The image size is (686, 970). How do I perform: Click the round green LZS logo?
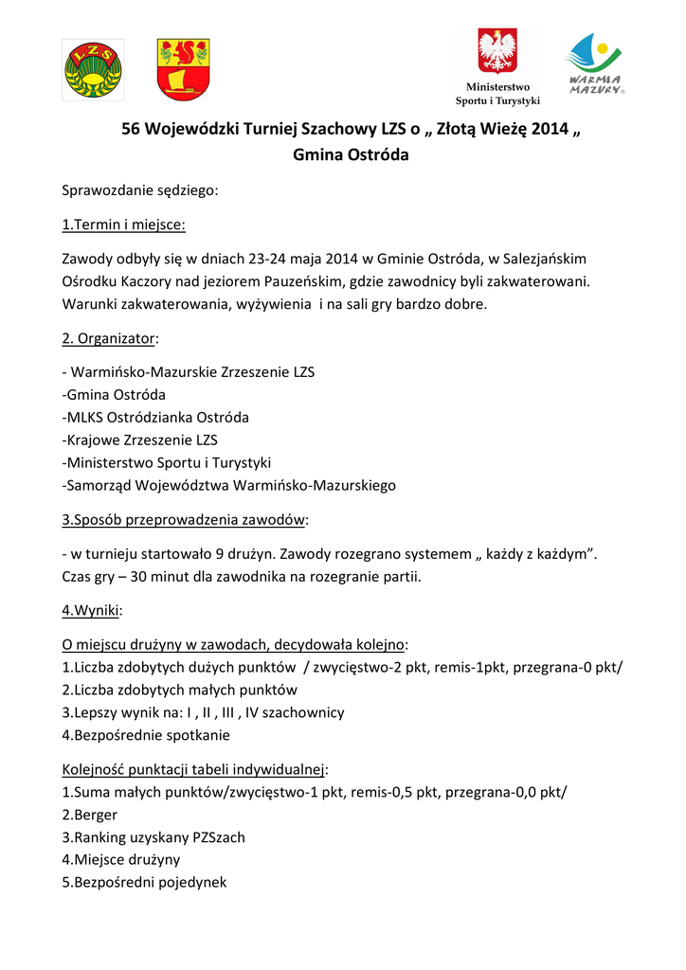pos(92,69)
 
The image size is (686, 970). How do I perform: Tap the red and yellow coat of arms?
pos(182,69)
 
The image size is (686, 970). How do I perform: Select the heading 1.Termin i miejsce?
pos(123,225)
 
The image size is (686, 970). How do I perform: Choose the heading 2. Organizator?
pos(110,338)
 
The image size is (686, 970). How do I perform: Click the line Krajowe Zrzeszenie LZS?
pos(139,440)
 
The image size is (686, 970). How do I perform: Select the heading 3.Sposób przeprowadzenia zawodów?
pos(185,520)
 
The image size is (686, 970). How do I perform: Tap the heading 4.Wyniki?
pos(92,610)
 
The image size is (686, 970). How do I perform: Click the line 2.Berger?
pos(89,815)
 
